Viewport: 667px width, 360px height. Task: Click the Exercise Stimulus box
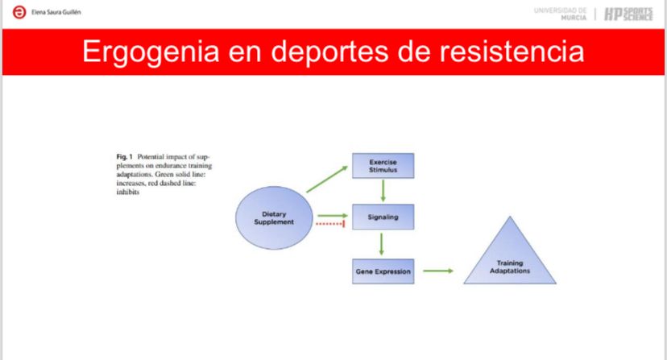click(383, 165)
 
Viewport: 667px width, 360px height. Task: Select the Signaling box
click(383, 217)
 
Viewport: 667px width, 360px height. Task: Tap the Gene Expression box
click(383, 271)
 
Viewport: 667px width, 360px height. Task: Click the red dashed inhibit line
click(331, 225)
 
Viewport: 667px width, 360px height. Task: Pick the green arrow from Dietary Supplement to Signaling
click(332, 216)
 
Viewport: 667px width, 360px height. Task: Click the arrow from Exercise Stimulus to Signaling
click(383, 191)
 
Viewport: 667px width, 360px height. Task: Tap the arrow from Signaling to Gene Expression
click(383, 243)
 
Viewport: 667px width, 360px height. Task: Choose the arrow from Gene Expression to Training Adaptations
click(439, 271)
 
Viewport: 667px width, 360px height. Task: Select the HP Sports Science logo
click(629, 14)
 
